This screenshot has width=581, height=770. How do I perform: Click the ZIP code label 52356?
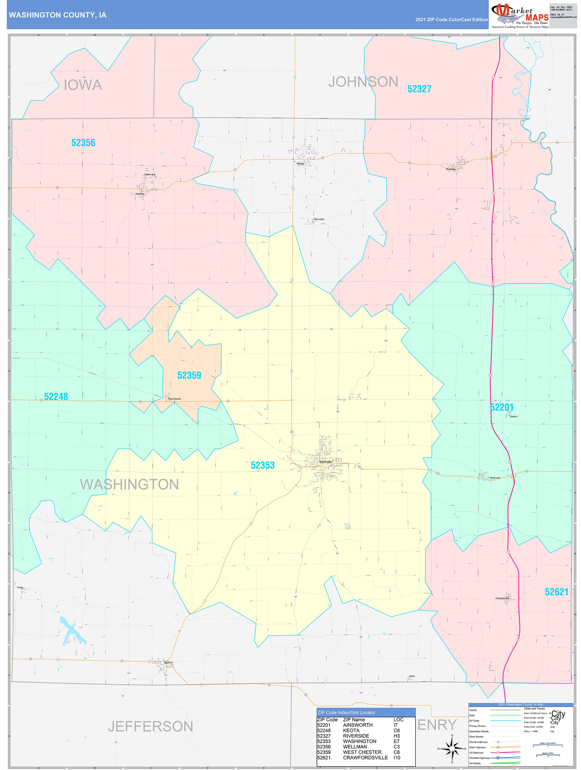tap(83, 143)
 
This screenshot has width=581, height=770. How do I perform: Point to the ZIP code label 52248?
tap(56, 397)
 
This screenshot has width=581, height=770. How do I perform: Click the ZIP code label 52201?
tap(502, 407)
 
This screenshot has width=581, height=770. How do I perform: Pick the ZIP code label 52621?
tap(556, 592)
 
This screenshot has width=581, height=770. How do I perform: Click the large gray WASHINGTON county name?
tap(129, 485)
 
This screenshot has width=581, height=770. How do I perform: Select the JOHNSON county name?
tap(363, 82)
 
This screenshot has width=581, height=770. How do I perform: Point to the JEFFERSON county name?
tap(150, 726)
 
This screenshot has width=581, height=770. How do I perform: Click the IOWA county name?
tap(83, 85)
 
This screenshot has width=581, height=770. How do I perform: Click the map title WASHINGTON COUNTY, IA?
tap(57, 15)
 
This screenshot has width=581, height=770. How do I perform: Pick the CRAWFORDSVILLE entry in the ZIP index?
tap(365, 758)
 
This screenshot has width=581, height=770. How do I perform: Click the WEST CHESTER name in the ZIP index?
tap(362, 752)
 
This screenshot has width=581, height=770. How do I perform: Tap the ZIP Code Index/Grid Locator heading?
tap(346, 713)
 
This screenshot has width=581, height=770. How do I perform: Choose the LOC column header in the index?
tap(398, 720)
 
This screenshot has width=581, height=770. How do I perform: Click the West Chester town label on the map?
tap(174, 399)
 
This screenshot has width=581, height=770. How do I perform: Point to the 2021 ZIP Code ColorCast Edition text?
tap(451, 20)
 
